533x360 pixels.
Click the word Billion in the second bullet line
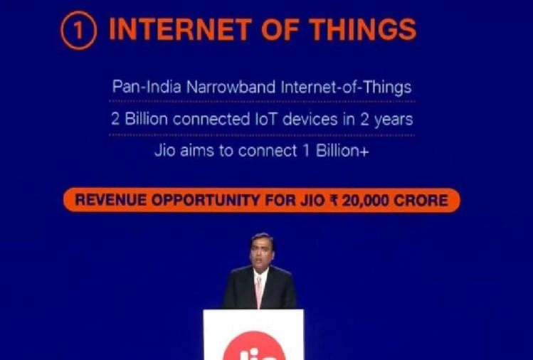[146, 119]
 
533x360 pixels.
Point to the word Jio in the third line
[164, 150]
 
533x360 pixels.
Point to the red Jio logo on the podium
[254, 347]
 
